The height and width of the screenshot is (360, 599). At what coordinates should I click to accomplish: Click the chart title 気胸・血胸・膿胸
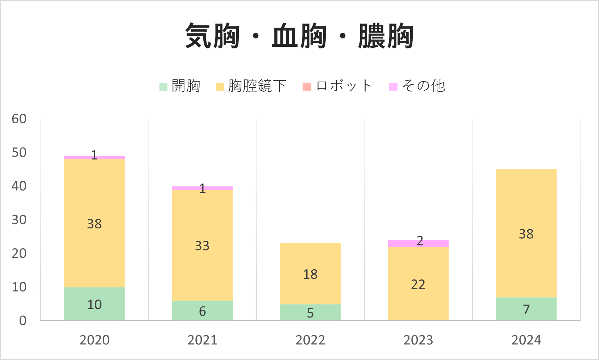coord(299,36)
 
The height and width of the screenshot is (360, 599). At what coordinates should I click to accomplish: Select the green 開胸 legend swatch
coord(163,87)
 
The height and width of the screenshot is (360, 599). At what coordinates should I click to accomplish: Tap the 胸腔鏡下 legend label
coord(257,86)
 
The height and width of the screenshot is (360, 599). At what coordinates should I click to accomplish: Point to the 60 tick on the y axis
coord(19,119)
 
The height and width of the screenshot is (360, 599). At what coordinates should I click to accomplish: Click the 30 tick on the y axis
coord(19,220)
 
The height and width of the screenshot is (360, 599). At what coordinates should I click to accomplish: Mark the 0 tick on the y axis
coord(23,320)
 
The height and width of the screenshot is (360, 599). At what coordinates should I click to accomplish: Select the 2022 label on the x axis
coord(310,340)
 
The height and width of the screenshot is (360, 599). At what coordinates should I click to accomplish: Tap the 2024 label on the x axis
coord(526,340)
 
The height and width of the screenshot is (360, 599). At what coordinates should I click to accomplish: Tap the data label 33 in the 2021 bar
coord(202,246)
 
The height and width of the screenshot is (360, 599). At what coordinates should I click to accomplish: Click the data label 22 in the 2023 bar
coord(418,285)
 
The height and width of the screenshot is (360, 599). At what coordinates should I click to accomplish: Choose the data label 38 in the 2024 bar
coord(526,234)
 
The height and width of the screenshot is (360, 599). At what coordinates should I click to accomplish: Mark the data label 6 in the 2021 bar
coord(202,311)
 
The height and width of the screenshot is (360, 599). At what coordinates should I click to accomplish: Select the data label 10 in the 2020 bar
coord(94,305)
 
